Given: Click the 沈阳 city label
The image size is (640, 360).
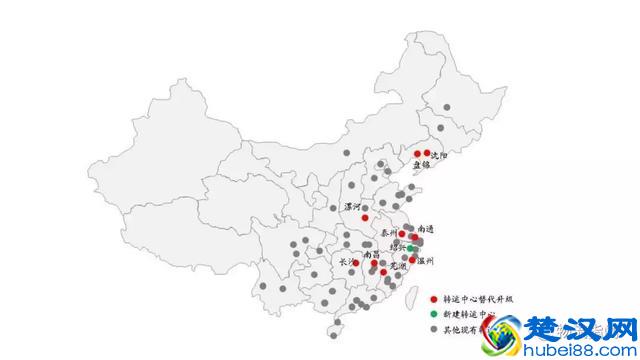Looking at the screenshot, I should (x=439, y=157).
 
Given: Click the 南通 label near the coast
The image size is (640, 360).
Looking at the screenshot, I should (x=426, y=230).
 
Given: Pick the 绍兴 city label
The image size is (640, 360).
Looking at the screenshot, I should (x=398, y=246).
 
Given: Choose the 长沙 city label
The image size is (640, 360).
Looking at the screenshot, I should (x=347, y=261).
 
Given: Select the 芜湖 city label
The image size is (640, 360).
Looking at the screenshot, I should (x=397, y=267).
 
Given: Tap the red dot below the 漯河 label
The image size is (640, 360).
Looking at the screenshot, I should (x=365, y=217).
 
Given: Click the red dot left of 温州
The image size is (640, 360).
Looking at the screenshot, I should (x=412, y=260).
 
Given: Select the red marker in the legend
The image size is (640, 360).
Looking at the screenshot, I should (x=432, y=298).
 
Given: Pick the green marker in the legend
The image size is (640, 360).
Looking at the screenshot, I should (x=432, y=313).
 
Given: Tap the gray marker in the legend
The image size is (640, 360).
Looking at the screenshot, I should (x=432, y=328).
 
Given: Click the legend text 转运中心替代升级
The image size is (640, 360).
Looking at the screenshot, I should (x=475, y=298).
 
